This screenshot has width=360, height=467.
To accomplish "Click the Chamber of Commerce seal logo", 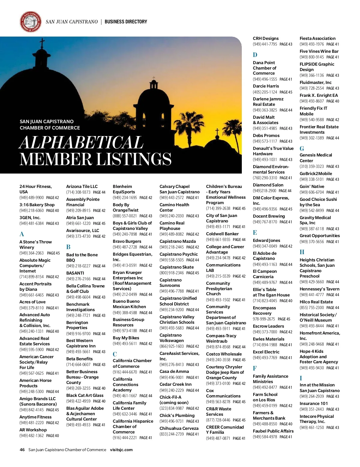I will pyautogui.click(x=30, y=22).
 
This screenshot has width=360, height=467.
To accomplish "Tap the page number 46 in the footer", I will pyautogui.click(x=22, y=450).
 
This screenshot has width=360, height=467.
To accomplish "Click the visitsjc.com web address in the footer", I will pyautogui.click(x=121, y=450).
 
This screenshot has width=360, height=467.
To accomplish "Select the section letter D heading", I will pyautogui.click(x=255, y=55).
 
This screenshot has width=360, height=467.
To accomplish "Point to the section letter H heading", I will pyautogui.click(x=302, y=252).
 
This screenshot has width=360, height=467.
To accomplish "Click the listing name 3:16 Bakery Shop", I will pyautogui.click(x=37, y=205).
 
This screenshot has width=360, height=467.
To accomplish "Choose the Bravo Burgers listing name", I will pyautogui.click(x=127, y=241).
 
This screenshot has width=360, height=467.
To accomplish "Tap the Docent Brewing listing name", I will pyautogui.click(x=269, y=216).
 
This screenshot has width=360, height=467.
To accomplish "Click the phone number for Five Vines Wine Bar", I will pyautogui.click(x=312, y=57).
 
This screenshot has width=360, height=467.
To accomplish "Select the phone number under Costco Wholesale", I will pyautogui.click(x=218, y=360).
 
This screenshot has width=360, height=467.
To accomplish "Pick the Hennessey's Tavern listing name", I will pyautogui.click(x=319, y=289).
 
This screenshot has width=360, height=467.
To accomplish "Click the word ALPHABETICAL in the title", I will pyautogui.click(x=81, y=142).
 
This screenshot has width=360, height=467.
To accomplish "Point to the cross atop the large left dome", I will pyautogui.click(x=42, y=43).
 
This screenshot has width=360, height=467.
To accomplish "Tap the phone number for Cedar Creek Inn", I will pyautogui.click(x=172, y=390).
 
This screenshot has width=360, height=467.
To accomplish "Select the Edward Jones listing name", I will pyautogui.click(x=266, y=240).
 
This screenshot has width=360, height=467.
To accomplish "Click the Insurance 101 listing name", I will pyautogui.click(x=313, y=403).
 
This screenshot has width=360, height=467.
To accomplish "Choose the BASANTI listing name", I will pyautogui.click(x=75, y=273).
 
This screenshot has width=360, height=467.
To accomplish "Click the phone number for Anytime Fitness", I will pyautogui.click(x=31, y=423).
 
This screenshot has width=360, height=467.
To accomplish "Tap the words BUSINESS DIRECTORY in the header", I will pyautogui.click(x=126, y=22).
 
